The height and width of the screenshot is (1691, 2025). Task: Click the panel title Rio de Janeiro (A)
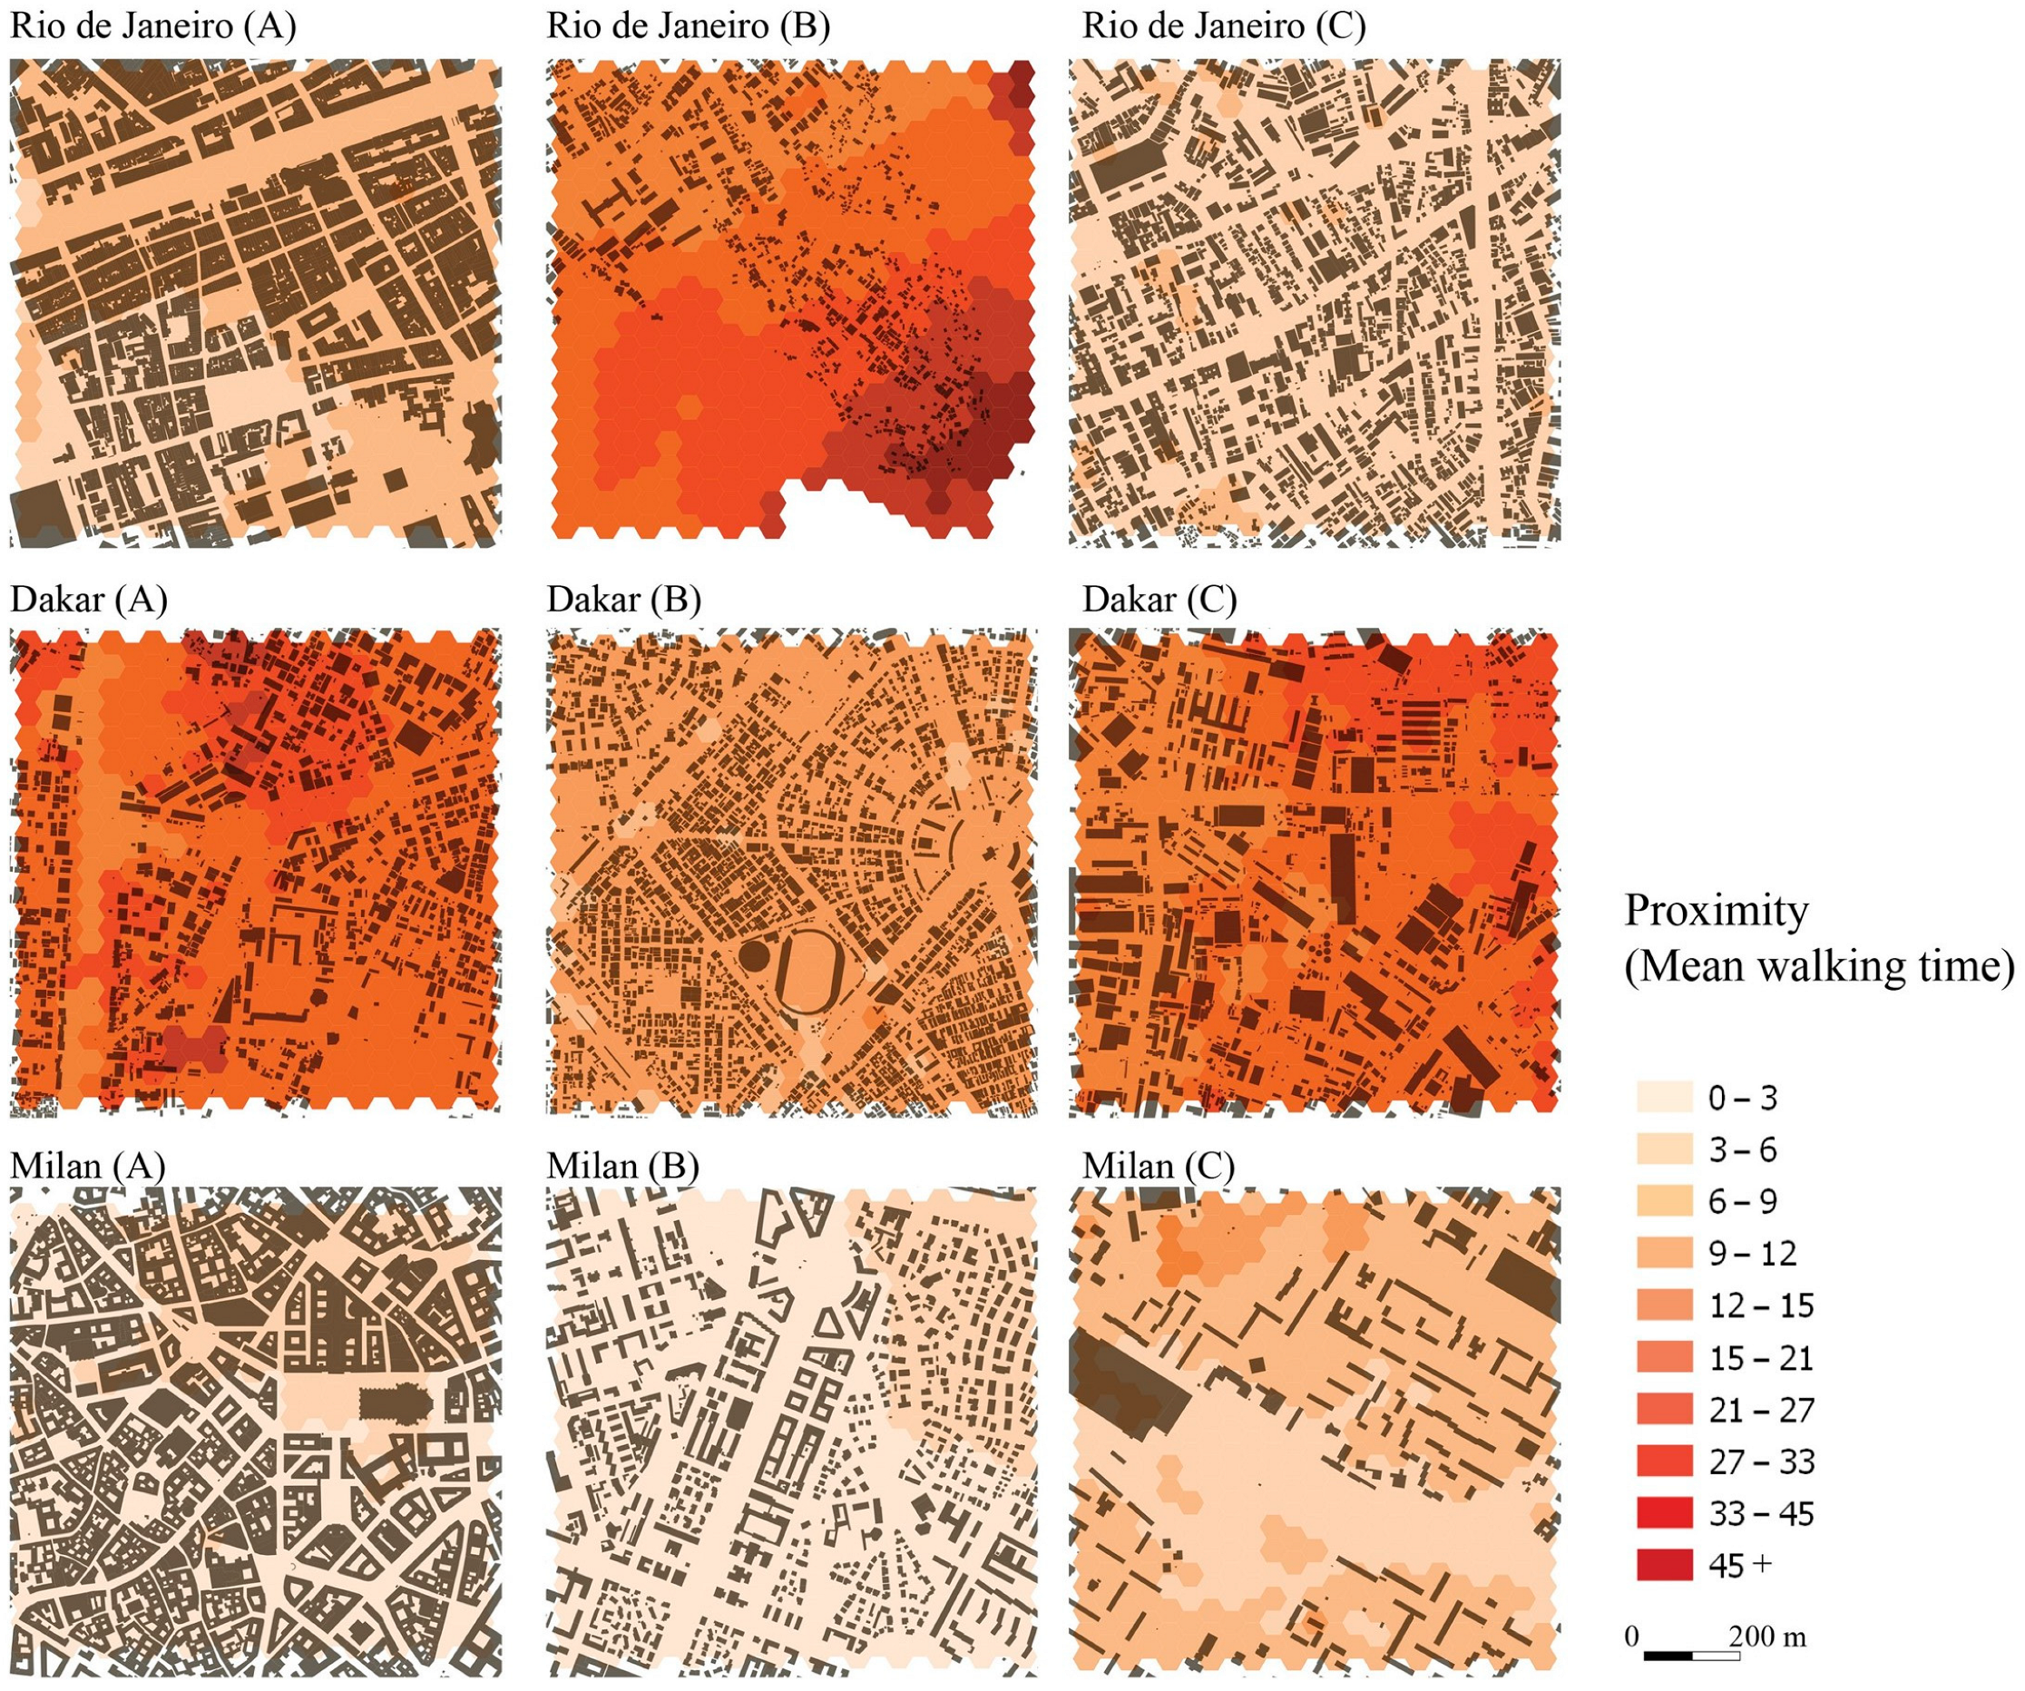click(x=152, y=26)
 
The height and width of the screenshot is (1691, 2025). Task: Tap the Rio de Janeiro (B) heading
click(x=688, y=26)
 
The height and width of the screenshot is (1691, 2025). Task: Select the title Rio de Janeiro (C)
click(x=1224, y=26)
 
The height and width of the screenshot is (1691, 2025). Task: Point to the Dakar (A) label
click(x=89, y=599)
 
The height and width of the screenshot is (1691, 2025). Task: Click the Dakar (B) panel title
click(x=624, y=599)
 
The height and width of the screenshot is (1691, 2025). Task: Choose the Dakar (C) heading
click(x=1159, y=599)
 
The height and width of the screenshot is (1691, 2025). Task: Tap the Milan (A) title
click(x=88, y=1166)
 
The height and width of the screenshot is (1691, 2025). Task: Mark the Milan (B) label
click(x=623, y=1166)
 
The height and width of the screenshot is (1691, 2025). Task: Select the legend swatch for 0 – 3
click(x=1664, y=1097)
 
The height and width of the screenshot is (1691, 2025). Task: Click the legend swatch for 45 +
click(x=1664, y=1565)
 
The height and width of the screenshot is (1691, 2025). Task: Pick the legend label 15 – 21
click(x=1761, y=1358)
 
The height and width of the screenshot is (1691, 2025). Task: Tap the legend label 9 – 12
click(x=1752, y=1254)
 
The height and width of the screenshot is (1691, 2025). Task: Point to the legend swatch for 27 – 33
click(x=1664, y=1461)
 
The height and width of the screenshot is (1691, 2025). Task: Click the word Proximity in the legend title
click(x=1717, y=910)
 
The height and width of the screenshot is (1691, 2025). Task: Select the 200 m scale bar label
click(x=1766, y=1636)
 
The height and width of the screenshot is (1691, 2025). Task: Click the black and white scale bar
click(x=1691, y=1657)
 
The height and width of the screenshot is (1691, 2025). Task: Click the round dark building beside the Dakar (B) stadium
click(x=754, y=957)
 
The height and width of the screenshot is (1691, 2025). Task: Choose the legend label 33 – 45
click(x=1761, y=1513)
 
